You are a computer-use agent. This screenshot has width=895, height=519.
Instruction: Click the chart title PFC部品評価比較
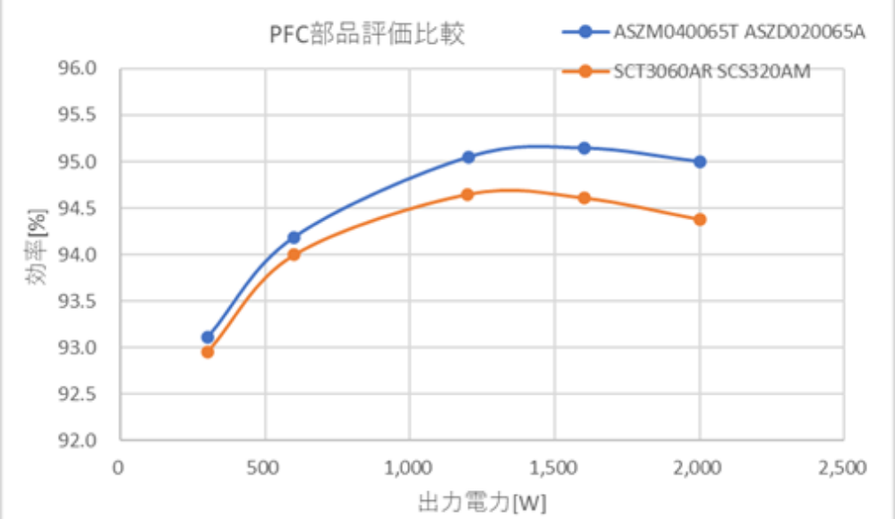pyautogui.click(x=367, y=35)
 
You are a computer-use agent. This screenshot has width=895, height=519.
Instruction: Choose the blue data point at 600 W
pyautogui.click(x=294, y=237)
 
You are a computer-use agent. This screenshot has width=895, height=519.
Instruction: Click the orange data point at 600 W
pyautogui.click(x=294, y=254)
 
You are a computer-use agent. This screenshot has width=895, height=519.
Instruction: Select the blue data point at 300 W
pyautogui.click(x=208, y=337)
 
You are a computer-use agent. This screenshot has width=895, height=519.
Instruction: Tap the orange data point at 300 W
pyautogui.click(x=208, y=352)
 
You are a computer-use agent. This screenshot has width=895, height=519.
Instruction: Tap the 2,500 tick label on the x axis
pyautogui.click(x=843, y=468)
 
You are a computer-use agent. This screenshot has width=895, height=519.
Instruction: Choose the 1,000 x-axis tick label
pyautogui.click(x=409, y=468)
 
